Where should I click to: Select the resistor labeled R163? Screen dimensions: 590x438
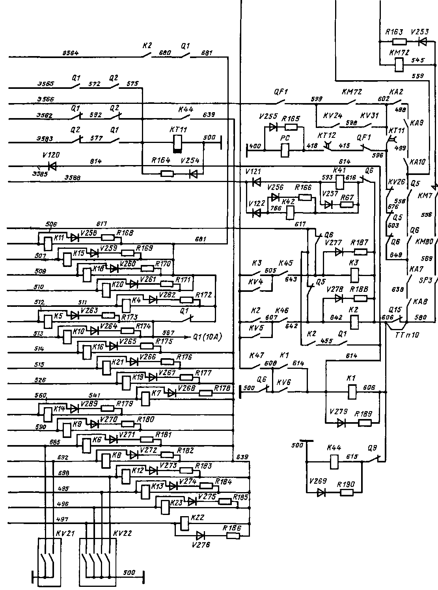click(400, 41)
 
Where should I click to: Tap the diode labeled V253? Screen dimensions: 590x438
click(423, 41)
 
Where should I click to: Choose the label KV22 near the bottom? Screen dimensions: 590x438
click(122, 533)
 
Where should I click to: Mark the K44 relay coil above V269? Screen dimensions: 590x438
click(334, 461)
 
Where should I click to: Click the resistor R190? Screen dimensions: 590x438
click(346, 492)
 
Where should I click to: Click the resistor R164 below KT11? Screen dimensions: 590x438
click(167, 173)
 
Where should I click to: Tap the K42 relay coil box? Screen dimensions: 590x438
click(291, 213)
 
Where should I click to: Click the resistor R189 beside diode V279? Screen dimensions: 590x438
click(365, 423)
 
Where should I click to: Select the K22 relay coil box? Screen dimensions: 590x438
click(183, 524)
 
